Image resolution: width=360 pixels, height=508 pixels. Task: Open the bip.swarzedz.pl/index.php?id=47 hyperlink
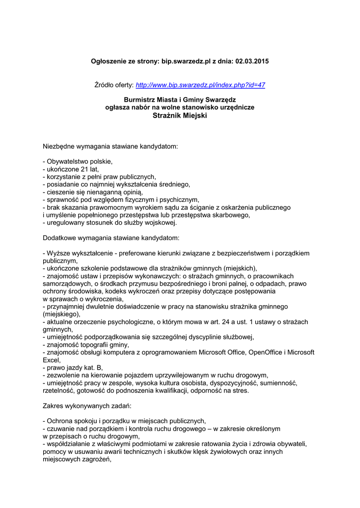coord(200,85)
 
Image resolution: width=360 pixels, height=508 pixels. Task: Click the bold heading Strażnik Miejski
coord(180,115)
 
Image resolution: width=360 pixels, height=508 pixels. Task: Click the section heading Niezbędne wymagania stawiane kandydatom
coord(110,147)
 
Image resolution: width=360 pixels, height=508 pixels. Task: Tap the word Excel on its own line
coord(51,360)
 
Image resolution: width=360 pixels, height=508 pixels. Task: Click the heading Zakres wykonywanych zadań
coord(87,405)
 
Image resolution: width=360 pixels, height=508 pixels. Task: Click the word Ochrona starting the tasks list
coord(61,421)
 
